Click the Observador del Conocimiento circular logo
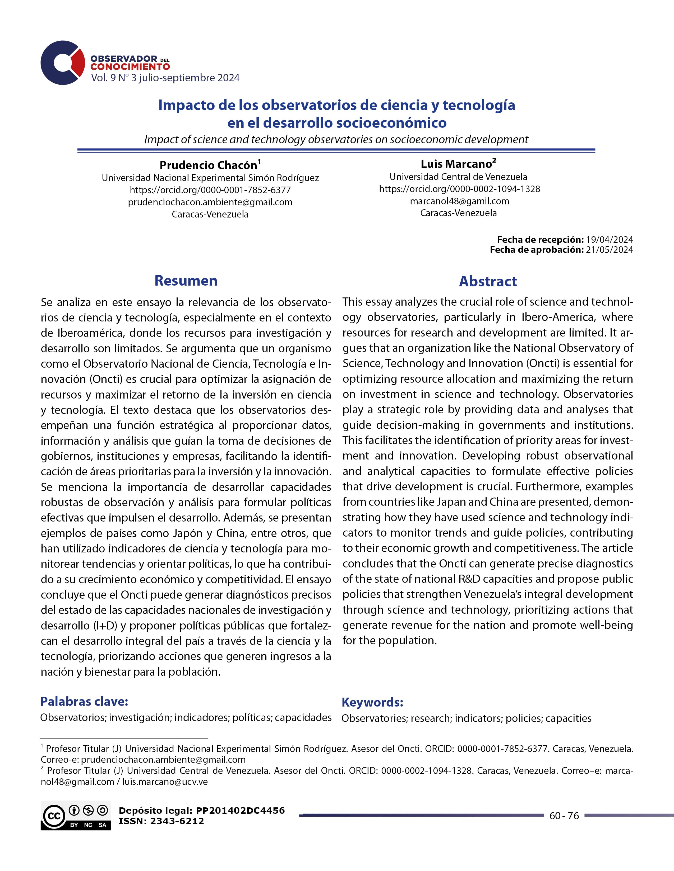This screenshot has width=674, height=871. click(x=63, y=63)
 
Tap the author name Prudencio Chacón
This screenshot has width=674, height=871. click(x=209, y=165)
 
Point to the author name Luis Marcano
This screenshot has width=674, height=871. click(x=456, y=164)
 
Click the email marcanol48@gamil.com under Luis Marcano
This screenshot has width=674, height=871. click(x=459, y=201)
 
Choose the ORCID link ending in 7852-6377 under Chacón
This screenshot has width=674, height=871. click(x=210, y=190)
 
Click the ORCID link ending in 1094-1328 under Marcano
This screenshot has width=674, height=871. click(x=459, y=189)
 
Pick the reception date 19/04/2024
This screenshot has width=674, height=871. click(x=609, y=240)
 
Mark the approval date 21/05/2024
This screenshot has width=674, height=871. click(x=609, y=250)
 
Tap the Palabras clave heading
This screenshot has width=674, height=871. click(x=84, y=702)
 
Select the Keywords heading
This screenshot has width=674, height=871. click(x=372, y=702)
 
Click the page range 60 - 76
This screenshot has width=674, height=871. click(x=564, y=816)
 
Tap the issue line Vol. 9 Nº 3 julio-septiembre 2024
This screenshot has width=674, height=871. click(x=165, y=78)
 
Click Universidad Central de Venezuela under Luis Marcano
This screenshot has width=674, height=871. click(x=458, y=177)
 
